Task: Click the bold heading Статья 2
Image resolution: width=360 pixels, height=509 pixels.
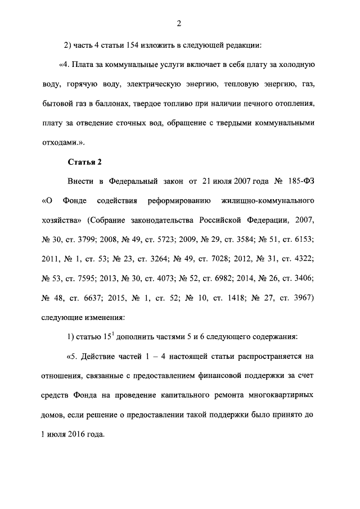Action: point(84,163)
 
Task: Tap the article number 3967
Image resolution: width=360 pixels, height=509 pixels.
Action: point(301,298)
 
